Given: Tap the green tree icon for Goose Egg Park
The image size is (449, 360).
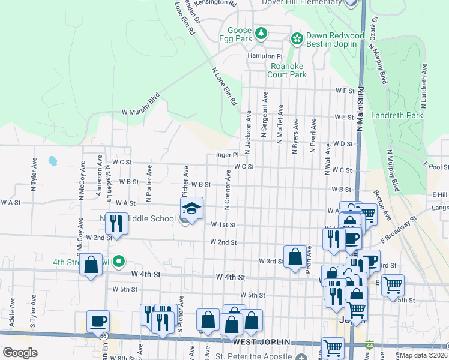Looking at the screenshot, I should [x=261, y=33].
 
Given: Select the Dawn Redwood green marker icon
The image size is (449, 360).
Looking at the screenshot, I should [x=296, y=39].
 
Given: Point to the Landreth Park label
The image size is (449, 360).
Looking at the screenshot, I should [x=397, y=115].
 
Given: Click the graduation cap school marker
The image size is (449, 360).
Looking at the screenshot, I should [x=191, y=208].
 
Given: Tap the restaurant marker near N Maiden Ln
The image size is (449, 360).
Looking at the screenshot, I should [x=116, y=224].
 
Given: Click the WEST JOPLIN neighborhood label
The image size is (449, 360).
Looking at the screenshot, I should [x=261, y=342].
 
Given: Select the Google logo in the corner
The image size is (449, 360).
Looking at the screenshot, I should [x=19, y=352].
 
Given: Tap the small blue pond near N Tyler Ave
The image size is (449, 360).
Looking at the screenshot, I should [x=53, y=161].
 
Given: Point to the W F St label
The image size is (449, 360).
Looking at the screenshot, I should [x=345, y=91].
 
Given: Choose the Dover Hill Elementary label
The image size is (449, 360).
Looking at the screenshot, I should [x=301, y=3].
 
